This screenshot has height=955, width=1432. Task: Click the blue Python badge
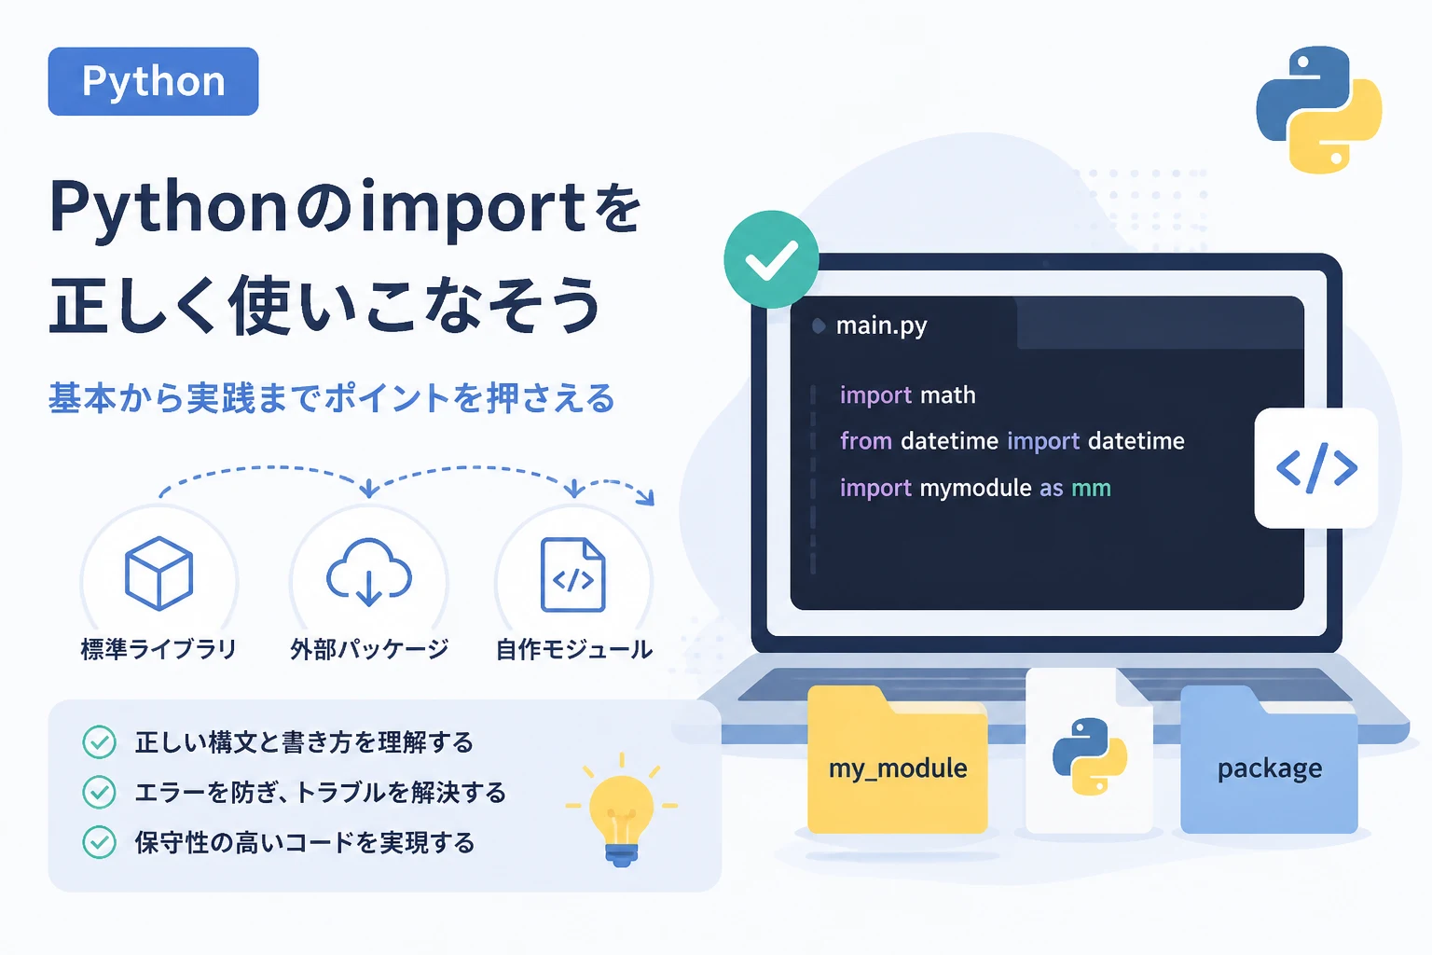pos(154,81)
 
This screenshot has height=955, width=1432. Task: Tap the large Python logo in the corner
pos(1319,109)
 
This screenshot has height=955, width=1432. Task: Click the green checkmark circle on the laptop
pos(772,259)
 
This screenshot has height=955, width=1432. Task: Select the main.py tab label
pos(882,325)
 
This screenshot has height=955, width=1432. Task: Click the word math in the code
pos(948,395)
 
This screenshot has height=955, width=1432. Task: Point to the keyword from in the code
pos(865,441)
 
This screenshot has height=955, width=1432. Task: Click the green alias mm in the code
pos(1092,488)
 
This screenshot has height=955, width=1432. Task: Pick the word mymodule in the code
pos(975,488)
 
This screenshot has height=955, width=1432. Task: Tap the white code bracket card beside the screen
pos(1316,467)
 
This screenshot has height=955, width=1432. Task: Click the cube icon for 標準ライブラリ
pos(159,574)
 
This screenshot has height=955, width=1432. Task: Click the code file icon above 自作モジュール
pos(572,574)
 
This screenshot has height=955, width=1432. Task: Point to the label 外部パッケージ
pos(369,649)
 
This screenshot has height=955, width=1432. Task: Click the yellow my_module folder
pos(898,760)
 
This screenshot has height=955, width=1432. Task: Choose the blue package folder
pos(1269,760)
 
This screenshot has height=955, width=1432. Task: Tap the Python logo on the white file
pos(1090,756)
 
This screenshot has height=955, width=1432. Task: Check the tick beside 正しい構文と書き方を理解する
pos(99,742)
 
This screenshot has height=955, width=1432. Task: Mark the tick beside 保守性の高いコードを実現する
pos(99,842)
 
